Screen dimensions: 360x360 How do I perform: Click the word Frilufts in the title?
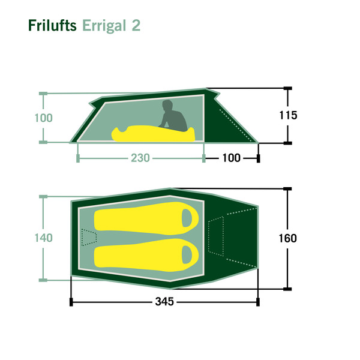pos(52,25)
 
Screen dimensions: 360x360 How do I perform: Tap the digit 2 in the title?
pos(136,25)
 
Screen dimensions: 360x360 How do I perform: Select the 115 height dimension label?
pos(288,115)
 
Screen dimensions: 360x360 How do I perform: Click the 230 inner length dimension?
pos(140,158)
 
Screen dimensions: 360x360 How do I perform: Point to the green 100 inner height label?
pos(43,118)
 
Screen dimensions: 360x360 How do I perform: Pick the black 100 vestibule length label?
pos(232,158)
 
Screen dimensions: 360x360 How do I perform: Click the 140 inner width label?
pos(43,238)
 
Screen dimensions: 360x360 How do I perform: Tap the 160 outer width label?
pos(287,238)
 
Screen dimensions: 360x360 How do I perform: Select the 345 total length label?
pos(164,302)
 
